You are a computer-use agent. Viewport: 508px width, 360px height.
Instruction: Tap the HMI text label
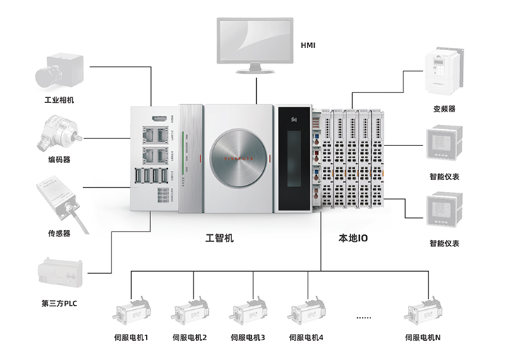click(x=308, y=46)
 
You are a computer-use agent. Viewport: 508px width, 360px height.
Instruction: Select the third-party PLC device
click(x=59, y=274)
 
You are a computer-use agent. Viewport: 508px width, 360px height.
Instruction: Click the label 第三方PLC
click(x=59, y=304)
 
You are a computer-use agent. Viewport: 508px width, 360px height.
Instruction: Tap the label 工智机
click(x=219, y=239)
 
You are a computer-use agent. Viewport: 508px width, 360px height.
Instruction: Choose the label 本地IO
click(x=353, y=239)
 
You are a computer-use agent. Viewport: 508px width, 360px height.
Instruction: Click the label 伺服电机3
click(x=248, y=338)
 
